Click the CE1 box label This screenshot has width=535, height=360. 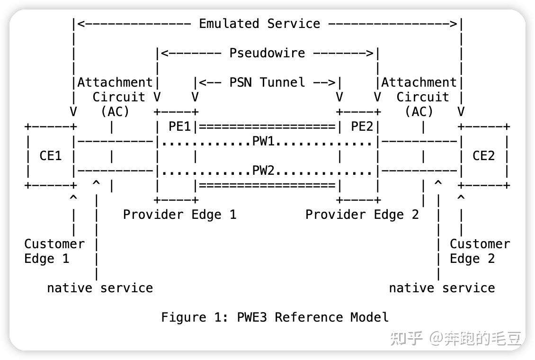pos(51,156)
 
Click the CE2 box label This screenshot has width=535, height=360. pos(483,156)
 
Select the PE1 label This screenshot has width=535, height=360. pos(180,126)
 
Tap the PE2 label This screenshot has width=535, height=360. pos(362,126)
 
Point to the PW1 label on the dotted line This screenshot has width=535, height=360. pos(267,141)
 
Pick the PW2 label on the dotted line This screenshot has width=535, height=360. pos(267,171)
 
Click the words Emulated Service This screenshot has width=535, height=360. pos(259,24)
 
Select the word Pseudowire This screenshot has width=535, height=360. pos(267,53)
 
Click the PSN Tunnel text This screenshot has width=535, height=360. pos(267,82)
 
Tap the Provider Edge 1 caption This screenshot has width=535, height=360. pos(179,215)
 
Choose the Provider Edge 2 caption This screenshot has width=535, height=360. pos(362,215)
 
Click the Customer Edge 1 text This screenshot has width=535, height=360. pos(54,251)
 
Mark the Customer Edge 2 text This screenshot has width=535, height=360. pos(480,251)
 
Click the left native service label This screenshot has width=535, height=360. pos(100,288)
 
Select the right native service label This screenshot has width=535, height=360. pos(442,288)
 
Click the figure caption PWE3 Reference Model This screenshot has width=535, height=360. pos(275,317)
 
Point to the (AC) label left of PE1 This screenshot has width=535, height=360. pos(115,112)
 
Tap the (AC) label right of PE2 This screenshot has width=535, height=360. pos(419,112)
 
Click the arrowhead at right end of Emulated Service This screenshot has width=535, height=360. pos(454,24)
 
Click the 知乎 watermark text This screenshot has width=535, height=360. pos(406,339)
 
